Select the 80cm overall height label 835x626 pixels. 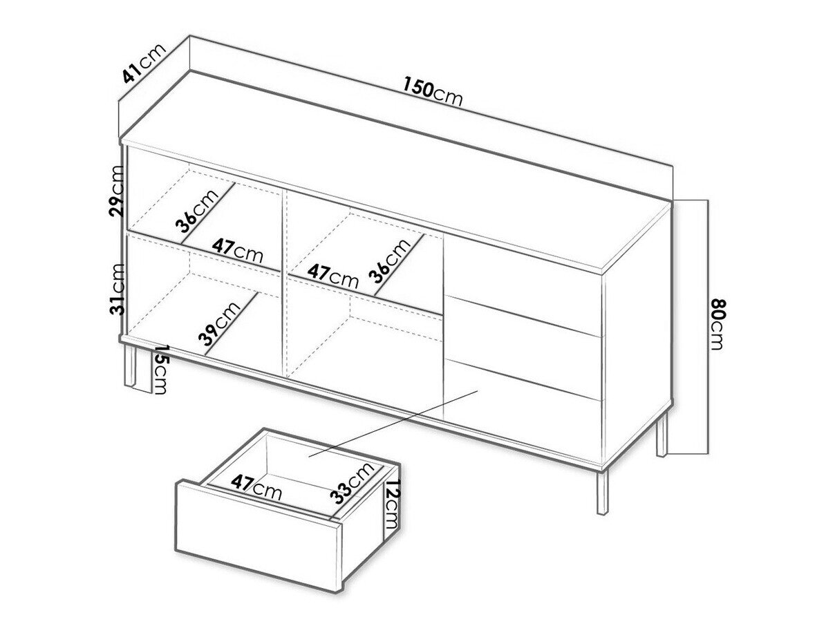point(716,324)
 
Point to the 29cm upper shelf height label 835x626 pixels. point(117,191)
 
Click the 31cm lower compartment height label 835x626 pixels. point(118,289)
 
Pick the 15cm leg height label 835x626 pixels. point(160,369)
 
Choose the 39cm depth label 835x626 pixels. point(220,323)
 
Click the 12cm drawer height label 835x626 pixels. point(392,504)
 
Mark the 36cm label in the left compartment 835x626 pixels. point(197,210)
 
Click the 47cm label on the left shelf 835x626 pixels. point(237,251)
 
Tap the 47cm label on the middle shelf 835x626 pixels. point(333,276)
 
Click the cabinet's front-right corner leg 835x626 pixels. point(601,493)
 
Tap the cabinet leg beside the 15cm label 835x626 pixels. point(131,364)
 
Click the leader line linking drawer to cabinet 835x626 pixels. point(393,423)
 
